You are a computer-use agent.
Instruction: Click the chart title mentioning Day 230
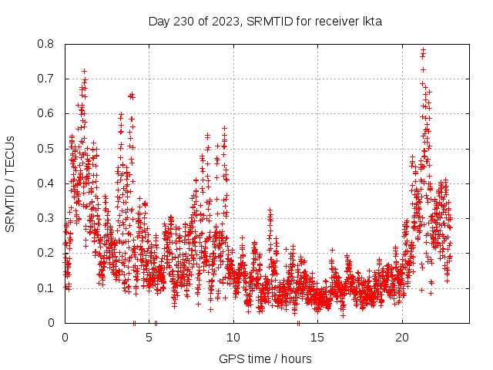point(265,22)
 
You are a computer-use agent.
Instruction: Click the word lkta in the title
point(371,22)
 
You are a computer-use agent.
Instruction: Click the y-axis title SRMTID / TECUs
point(10,183)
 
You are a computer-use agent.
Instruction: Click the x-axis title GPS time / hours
point(265,358)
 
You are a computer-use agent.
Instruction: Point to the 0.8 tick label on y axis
point(46,44)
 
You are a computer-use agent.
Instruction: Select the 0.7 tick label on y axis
point(46,79)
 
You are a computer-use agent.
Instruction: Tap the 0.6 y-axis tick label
point(46,113)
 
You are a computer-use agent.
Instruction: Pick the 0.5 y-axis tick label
point(46,149)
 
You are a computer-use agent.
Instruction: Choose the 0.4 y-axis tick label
point(46,183)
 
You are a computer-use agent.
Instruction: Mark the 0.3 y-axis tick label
point(46,218)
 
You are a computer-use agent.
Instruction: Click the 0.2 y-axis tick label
point(46,253)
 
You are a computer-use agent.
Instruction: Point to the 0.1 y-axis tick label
point(46,288)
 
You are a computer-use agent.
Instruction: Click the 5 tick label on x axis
point(149,338)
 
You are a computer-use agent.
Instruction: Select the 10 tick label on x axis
point(233,338)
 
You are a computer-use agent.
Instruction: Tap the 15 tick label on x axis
point(318,338)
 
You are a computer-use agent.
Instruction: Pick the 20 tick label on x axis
point(402,338)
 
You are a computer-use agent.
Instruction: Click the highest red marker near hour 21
point(423,50)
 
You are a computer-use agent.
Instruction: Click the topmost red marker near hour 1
point(84,71)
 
